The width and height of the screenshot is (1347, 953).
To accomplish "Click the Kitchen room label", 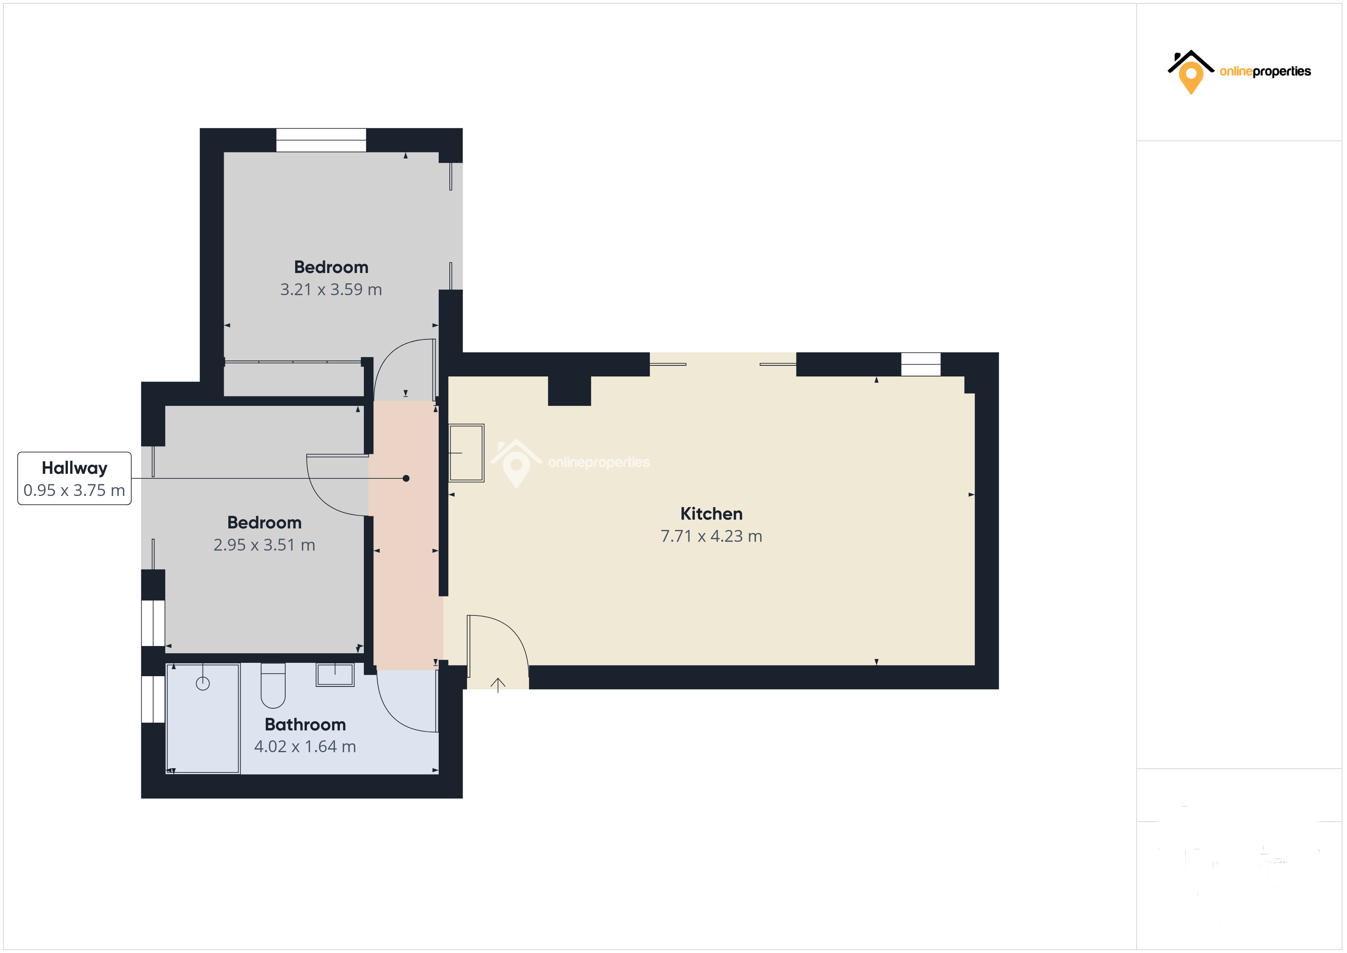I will pyautogui.click(x=711, y=514).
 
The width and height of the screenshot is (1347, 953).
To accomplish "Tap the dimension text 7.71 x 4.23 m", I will pyautogui.click(x=711, y=536).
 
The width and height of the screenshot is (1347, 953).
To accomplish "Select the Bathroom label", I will pyautogui.click(x=305, y=724).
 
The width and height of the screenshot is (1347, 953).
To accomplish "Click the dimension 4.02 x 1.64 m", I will pyautogui.click(x=305, y=746).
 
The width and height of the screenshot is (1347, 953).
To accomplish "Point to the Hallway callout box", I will pyautogui.click(x=74, y=478).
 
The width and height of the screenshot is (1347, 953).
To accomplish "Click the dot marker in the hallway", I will pyautogui.click(x=406, y=478).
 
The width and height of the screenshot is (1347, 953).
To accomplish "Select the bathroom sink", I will pyautogui.click(x=335, y=675).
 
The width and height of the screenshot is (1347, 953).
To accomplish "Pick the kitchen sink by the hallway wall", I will pyautogui.click(x=467, y=453).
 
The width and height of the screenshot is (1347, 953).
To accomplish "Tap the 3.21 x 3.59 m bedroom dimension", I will pyautogui.click(x=331, y=289).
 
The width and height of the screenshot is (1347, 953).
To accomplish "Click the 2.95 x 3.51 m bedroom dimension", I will pyautogui.click(x=264, y=545).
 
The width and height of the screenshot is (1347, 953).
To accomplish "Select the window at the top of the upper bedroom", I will pyautogui.click(x=321, y=140).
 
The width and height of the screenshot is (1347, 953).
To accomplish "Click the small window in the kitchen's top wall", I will pyautogui.click(x=921, y=364).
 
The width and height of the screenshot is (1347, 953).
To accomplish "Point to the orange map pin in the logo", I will pyautogui.click(x=1191, y=78).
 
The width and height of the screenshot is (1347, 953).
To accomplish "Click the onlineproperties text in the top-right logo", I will pyautogui.click(x=1265, y=71).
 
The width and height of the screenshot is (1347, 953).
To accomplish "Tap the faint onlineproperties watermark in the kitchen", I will pyautogui.click(x=598, y=462).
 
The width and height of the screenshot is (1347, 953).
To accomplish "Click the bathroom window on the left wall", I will pyautogui.click(x=153, y=699).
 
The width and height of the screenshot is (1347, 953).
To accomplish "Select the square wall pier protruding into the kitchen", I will pyautogui.click(x=569, y=390).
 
